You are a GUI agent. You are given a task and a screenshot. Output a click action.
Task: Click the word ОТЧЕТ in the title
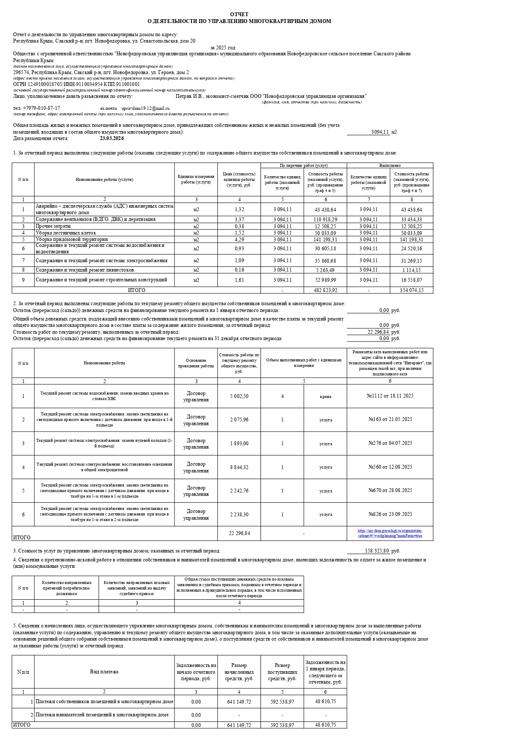point(239,14)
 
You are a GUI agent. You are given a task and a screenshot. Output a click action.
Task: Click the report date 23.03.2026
point(112,138)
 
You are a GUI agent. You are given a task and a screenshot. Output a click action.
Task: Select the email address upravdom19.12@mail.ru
point(146,109)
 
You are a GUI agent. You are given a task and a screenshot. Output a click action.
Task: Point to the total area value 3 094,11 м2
point(380,132)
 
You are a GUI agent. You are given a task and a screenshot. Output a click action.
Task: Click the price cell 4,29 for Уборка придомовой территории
point(239,239)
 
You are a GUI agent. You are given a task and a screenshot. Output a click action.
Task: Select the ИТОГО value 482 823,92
point(325,290)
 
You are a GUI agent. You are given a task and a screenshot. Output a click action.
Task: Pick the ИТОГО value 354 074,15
point(411,290)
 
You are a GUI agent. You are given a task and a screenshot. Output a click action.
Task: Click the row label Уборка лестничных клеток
point(66,233)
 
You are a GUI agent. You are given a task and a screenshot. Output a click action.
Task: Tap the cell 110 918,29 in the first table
point(325,220)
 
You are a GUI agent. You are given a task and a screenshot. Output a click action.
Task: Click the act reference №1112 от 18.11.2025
point(390,396)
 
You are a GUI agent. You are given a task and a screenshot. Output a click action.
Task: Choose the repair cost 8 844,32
point(239,467)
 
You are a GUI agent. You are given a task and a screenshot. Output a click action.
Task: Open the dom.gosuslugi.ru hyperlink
point(390,533)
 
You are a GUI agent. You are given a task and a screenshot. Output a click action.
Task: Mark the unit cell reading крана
point(325,396)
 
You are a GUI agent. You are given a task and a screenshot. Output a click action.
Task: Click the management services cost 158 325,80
point(377,551)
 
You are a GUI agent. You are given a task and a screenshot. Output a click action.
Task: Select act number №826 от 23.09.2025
point(390,514)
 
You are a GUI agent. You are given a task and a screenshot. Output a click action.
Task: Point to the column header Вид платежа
point(104,672)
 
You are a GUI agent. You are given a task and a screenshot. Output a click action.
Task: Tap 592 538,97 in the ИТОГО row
point(282,725)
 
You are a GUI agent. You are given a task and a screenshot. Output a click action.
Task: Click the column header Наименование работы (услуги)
point(104,180)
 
